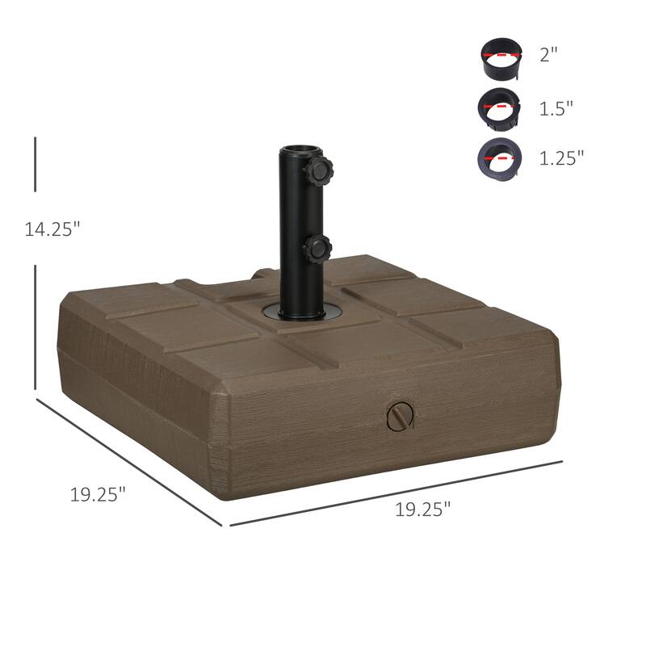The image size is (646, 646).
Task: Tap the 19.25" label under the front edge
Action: (x=422, y=510)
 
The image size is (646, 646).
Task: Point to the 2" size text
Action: (x=548, y=56)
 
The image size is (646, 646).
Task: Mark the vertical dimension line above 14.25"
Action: (x=36, y=166)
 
